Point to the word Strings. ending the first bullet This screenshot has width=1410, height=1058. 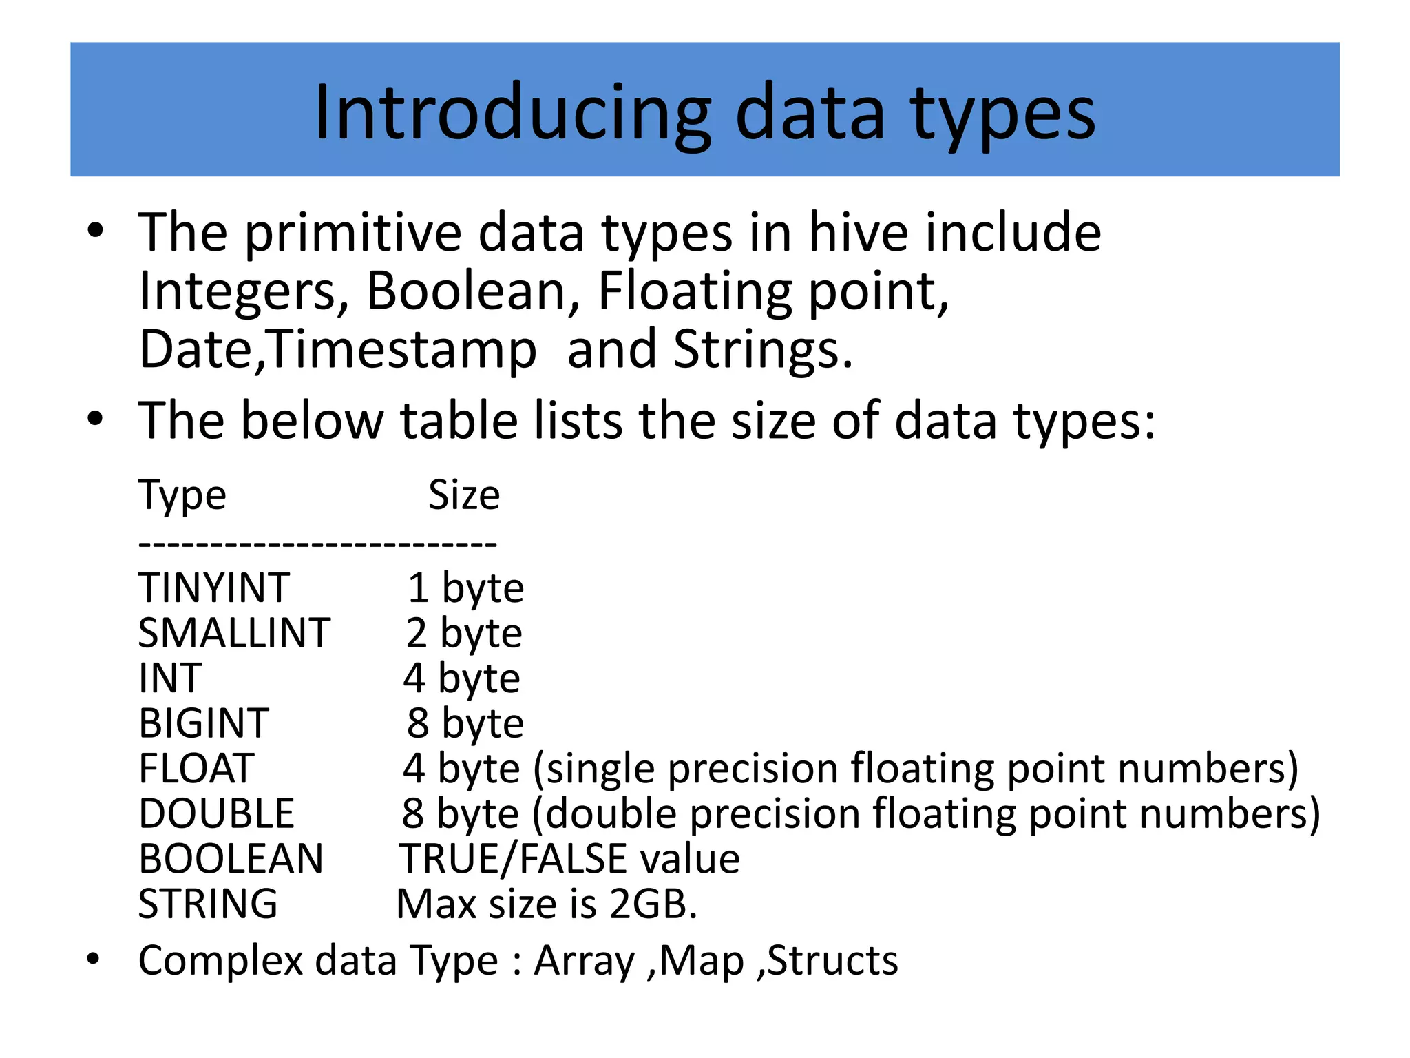[x=763, y=349]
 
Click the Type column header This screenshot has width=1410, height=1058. [x=182, y=495]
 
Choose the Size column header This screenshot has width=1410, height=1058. [x=464, y=495]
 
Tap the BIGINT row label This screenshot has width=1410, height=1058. [x=204, y=723]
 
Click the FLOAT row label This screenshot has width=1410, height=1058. [x=196, y=768]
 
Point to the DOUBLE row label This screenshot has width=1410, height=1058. [x=216, y=813]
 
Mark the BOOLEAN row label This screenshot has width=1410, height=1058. [x=231, y=859]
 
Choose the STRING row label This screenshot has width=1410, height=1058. [x=208, y=904]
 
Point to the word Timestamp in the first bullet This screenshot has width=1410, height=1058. [x=402, y=349]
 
